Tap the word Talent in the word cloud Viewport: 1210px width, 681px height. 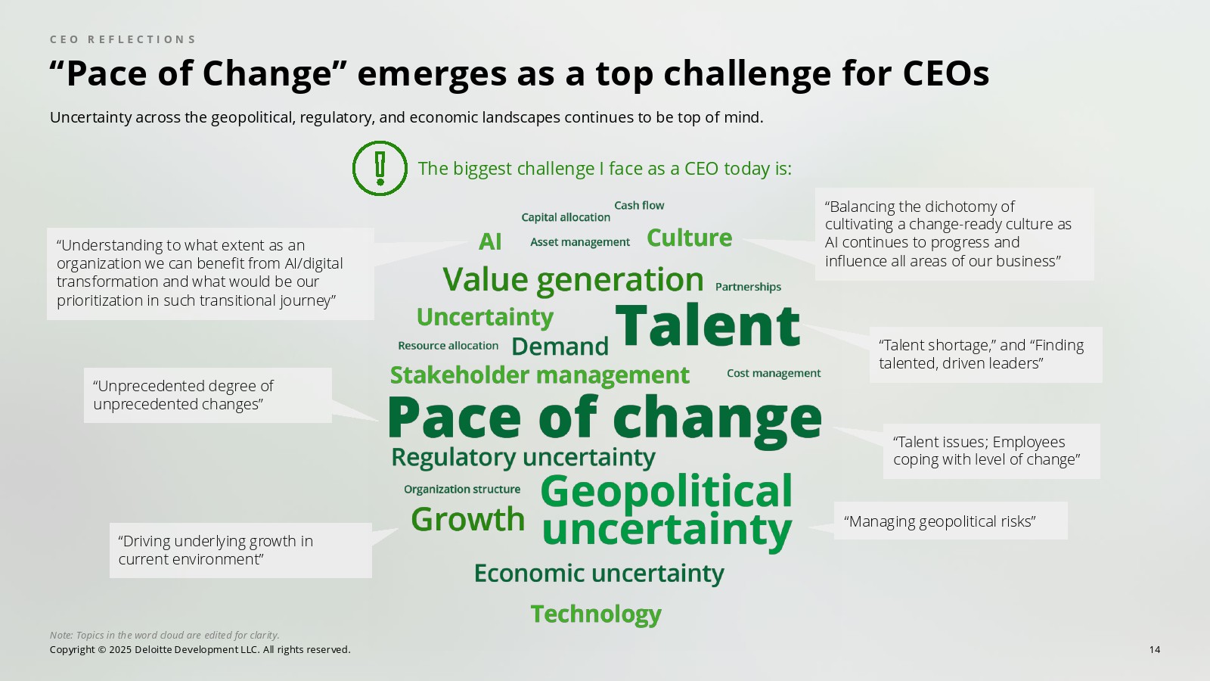[707, 325]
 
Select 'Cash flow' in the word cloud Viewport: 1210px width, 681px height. [639, 205]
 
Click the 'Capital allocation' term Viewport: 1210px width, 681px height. [566, 217]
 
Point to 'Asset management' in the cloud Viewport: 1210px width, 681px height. [579, 242]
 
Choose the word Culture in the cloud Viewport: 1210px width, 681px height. [689, 238]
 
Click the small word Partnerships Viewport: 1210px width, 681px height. [748, 287]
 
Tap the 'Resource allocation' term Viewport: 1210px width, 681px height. [448, 346]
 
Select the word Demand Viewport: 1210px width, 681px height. [560, 347]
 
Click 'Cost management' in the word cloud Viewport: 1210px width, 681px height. [774, 374]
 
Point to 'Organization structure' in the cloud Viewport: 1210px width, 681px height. [462, 489]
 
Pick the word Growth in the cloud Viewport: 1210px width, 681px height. [468, 519]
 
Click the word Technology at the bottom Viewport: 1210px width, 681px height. [596, 614]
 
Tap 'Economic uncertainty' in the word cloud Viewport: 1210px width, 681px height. [599, 574]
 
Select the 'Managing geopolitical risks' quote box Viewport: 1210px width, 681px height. [951, 521]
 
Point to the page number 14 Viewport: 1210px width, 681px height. [1154, 650]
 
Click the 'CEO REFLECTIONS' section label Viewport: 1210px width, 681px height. [123, 39]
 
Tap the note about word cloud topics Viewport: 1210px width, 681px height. [164, 635]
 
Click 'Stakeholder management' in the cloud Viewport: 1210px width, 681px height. [540, 375]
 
